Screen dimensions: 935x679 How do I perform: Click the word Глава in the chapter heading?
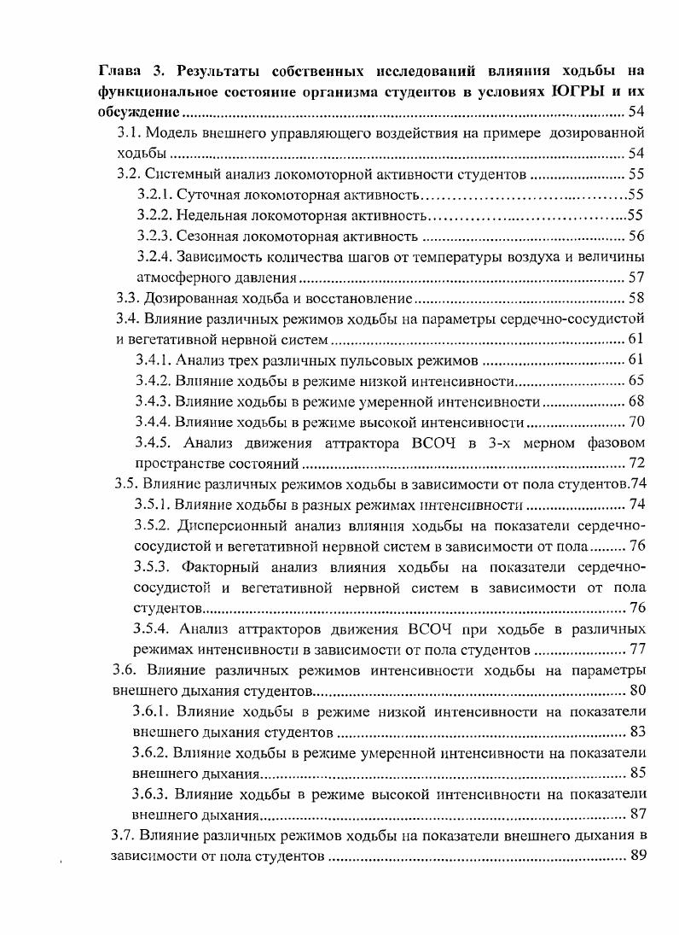(x=119, y=69)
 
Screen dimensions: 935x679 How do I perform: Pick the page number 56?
(x=636, y=237)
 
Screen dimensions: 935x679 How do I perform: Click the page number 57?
(x=636, y=278)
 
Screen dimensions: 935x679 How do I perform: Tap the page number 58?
(x=636, y=299)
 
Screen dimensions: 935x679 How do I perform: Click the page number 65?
(x=636, y=381)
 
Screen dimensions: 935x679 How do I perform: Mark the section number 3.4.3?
(x=154, y=401)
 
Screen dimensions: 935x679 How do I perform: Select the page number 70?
(x=636, y=422)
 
